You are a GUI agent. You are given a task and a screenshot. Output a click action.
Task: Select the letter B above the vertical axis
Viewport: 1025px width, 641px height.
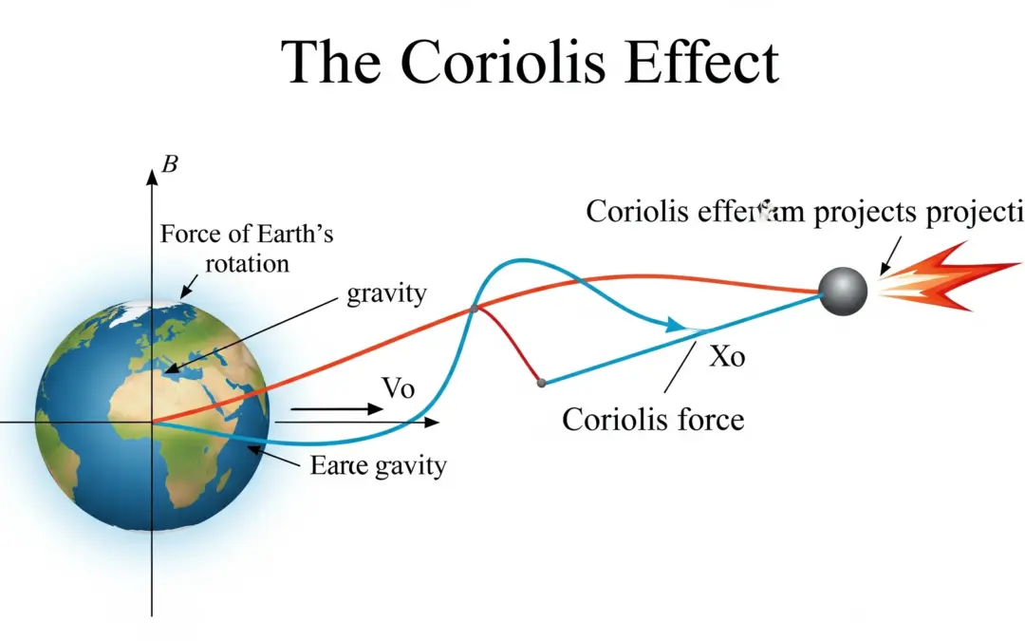[170, 164]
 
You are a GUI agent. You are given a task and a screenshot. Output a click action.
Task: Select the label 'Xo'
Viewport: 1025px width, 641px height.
[727, 357]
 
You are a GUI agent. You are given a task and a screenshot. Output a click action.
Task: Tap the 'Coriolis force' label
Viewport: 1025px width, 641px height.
[653, 419]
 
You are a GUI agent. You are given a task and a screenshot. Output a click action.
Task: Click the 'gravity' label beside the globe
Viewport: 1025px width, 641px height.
[386, 292]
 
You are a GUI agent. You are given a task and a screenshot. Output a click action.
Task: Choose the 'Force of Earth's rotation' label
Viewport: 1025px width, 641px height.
[247, 247]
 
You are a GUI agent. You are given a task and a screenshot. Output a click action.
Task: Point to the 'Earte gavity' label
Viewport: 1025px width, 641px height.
[378, 466]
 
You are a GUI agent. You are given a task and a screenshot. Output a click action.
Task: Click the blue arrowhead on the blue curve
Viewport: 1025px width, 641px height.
[675, 326]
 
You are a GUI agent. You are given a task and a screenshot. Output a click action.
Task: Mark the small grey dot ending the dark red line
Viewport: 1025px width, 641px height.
[541, 383]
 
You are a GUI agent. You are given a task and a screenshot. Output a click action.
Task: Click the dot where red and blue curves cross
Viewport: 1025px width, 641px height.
[473, 308]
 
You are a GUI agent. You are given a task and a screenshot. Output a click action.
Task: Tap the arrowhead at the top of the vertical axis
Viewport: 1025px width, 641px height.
[152, 176]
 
